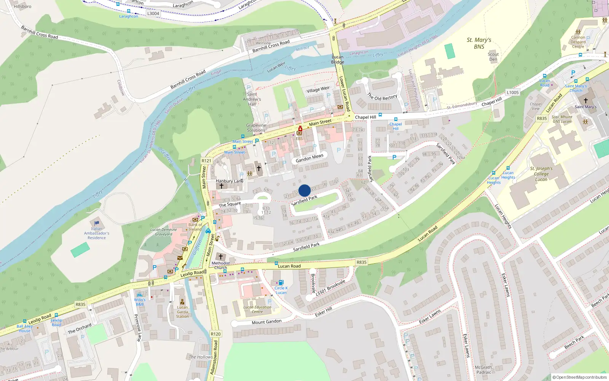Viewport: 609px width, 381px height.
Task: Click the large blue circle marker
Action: pyautogui.click(x=304, y=190)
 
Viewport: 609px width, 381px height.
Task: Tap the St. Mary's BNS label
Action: pyautogui.click(x=479, y=43)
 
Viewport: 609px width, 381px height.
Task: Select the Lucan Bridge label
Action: pyautogui.click(x=338, y=59)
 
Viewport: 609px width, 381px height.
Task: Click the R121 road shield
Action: pyautogui.click(x=206, y=161)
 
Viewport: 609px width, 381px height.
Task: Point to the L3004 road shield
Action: pyautogui.click(x=153, y=13)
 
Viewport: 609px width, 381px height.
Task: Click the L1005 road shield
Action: pyautogui.click(x=513, y=92)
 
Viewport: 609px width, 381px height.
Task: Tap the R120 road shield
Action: pyautogui.click(x=215, y=334)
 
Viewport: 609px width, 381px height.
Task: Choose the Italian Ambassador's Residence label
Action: pyautogui.click(x=97, y=233)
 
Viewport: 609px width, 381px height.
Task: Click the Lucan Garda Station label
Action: pyautogui.click(x=182, y=312)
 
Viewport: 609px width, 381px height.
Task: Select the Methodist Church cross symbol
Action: pyautogui.click(x=220, y=256)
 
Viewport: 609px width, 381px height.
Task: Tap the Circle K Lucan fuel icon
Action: pyautogui.click(x=281, y=282)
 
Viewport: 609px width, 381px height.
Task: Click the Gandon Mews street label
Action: pyautogui.click(x=309, y=158)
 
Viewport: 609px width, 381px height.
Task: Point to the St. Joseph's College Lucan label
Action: pyautogui.click(x=541, y=174)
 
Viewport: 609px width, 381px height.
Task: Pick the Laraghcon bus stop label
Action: pyautogui.click(x=129, y=16)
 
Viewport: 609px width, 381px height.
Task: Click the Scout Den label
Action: pyautogui.click(x=493, y=57)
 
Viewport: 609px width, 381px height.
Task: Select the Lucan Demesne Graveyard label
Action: pyautogui.click(x=163, y=232)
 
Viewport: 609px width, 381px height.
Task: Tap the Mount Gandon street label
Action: pyautogui.click(x=266, y=322)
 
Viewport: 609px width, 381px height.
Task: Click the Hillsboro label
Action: pyautogui.click(x=22, y=6)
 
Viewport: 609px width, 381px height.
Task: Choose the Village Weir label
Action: pyautogui.click(x=318, y=90)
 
